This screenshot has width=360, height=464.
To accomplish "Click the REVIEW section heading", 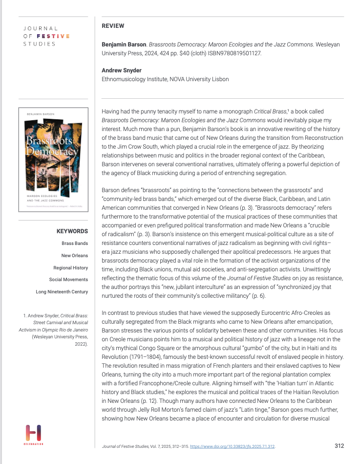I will click(113, 26).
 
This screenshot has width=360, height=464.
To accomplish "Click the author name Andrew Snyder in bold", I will click(122, 70).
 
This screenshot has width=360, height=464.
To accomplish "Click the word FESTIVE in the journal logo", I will click(54, 36).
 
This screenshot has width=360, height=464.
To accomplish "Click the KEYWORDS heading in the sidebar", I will click(72, 231).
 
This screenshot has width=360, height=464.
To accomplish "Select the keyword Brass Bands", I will click(75, 243).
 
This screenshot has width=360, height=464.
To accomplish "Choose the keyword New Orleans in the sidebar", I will click(75, 255).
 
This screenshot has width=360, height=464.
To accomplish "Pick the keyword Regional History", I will click(71, 267).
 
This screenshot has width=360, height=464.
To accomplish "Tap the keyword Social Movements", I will click(68, 280).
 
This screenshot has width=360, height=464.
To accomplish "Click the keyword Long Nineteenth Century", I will click(62, 292).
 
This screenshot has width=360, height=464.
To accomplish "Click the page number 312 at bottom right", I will click(339, 445).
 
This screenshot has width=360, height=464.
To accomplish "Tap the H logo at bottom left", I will click(33, 433).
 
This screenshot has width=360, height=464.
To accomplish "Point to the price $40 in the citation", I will click(184, 53).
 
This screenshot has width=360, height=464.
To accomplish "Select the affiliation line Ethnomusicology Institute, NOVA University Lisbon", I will click(165, 79).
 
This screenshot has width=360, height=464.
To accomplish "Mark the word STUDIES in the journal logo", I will click(39, 44).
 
